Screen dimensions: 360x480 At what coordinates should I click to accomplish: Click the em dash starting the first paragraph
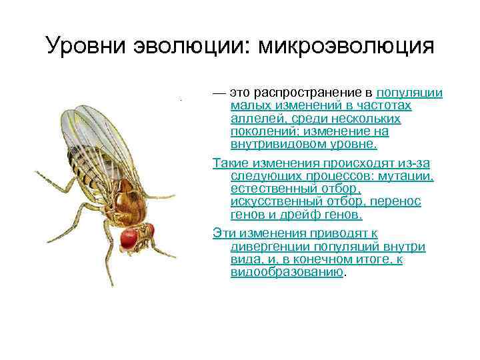[218, 93]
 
